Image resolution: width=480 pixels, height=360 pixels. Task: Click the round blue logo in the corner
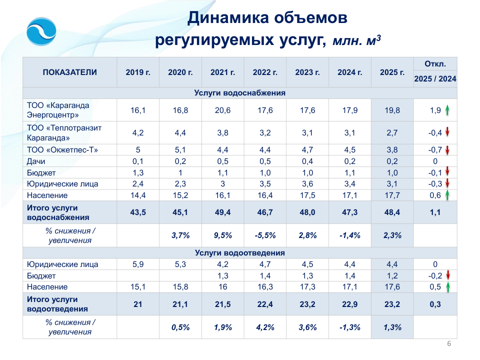point(41,31)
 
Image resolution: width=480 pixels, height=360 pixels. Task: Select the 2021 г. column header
point(222,72)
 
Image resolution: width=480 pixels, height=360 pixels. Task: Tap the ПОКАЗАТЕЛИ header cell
point(70,72)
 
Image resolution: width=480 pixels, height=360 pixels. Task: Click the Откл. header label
point(435,64)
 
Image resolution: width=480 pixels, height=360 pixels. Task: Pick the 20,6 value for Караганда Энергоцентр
point(222,110)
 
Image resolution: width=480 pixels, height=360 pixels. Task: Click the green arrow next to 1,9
point(448,110)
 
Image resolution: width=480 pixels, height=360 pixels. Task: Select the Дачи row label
point(37,161)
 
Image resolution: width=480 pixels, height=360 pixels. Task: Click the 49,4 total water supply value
point(222,212)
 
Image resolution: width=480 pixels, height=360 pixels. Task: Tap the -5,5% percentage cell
point(265,235)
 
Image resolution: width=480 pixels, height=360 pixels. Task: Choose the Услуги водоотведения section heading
point(240,253)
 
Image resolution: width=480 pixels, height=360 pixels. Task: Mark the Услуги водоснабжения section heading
point(240,93)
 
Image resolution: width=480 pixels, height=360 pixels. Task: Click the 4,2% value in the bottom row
point(265,327)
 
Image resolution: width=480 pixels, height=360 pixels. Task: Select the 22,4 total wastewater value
point(265,304)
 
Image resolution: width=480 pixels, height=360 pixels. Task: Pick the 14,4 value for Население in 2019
point(138,195)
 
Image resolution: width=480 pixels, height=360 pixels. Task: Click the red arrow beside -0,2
point(448,275)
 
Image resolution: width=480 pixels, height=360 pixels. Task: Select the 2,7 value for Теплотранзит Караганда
point(392,133)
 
